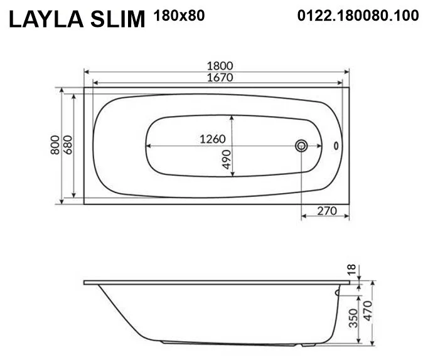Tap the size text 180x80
pos(179,16)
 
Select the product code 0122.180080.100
pos(357,16)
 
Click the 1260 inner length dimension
pos(213,139)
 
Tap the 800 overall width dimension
pos(56,145)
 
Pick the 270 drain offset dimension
pos(327,209)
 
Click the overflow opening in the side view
pos(338,291)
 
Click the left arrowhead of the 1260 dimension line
pos(148,146)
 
